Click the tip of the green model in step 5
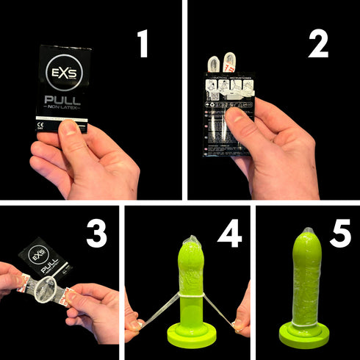[307, 234]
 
